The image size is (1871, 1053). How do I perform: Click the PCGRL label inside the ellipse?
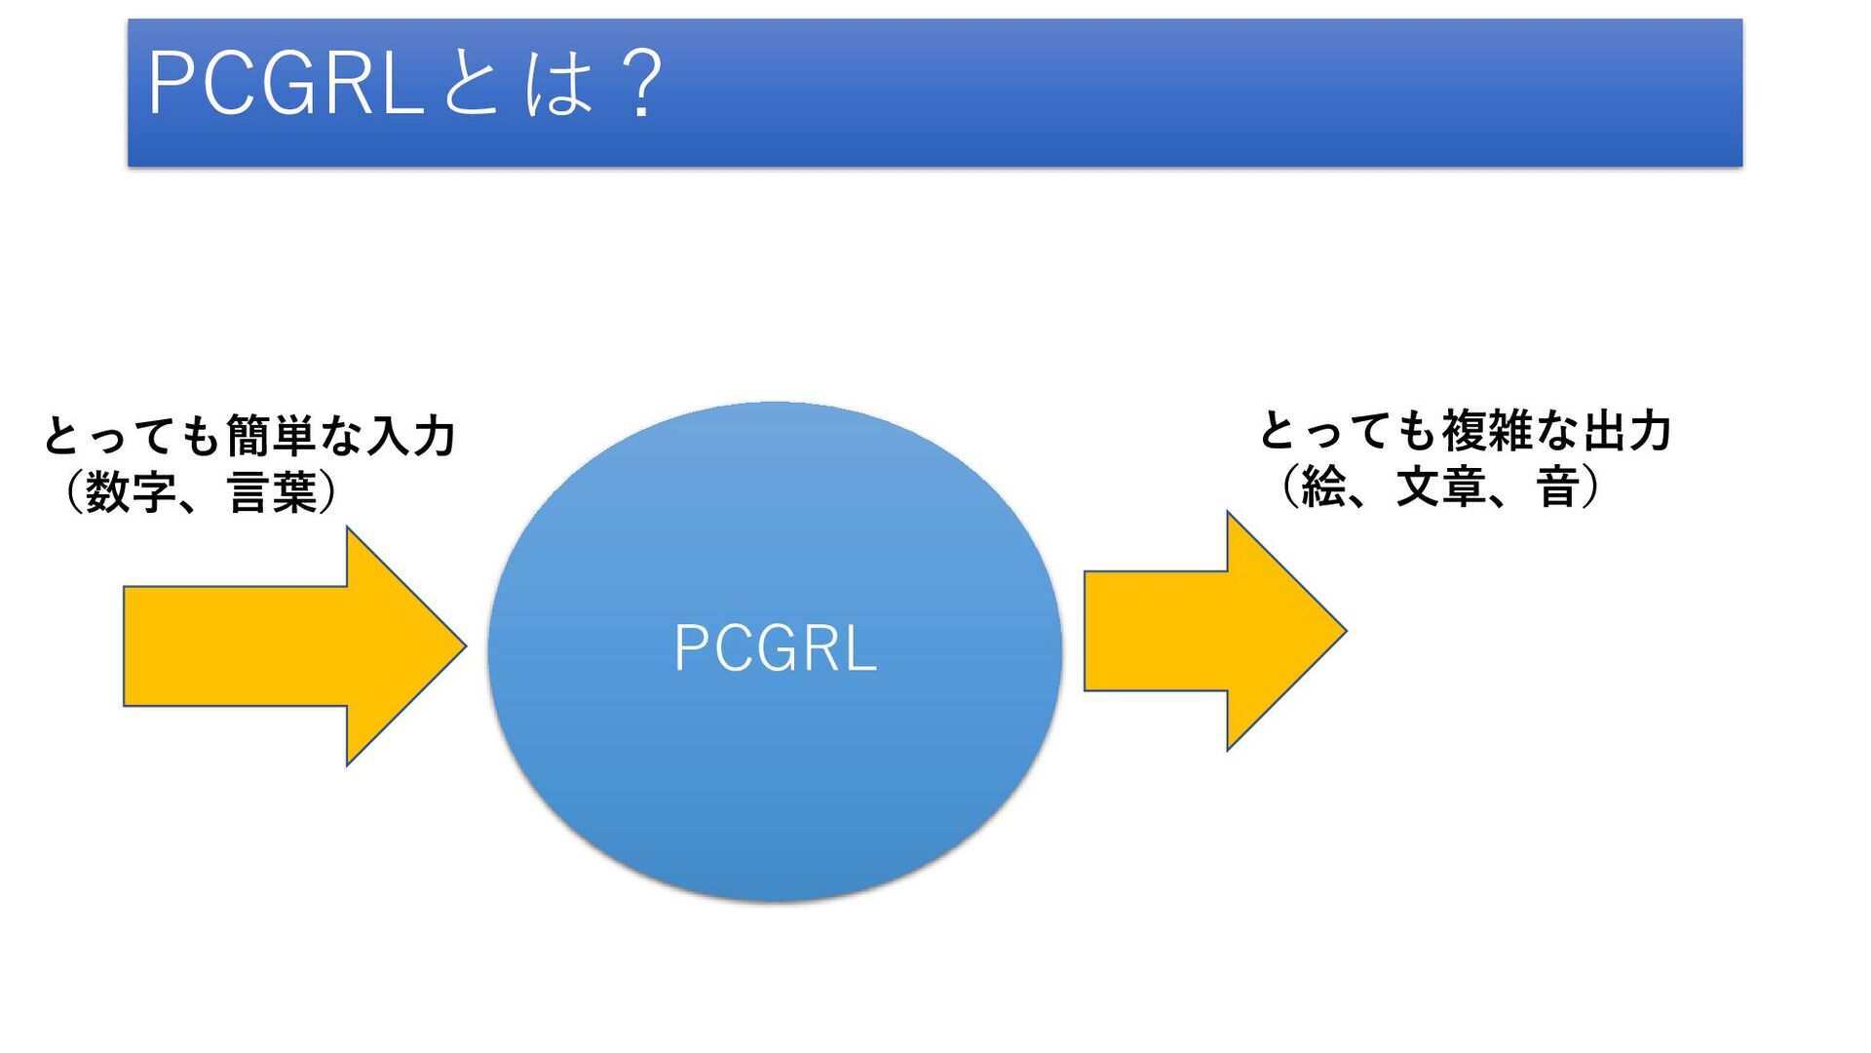775,648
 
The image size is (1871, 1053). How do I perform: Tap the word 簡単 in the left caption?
272,436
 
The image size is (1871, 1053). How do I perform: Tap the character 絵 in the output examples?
1322,487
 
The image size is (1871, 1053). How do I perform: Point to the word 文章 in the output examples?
1440,487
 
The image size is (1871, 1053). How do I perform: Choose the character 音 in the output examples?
1557,487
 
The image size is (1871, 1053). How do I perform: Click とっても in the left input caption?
133,436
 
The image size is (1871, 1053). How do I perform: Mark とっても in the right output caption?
1349,431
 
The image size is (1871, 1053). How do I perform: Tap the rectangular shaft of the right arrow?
1156,631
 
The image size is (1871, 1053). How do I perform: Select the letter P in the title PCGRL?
172,84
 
